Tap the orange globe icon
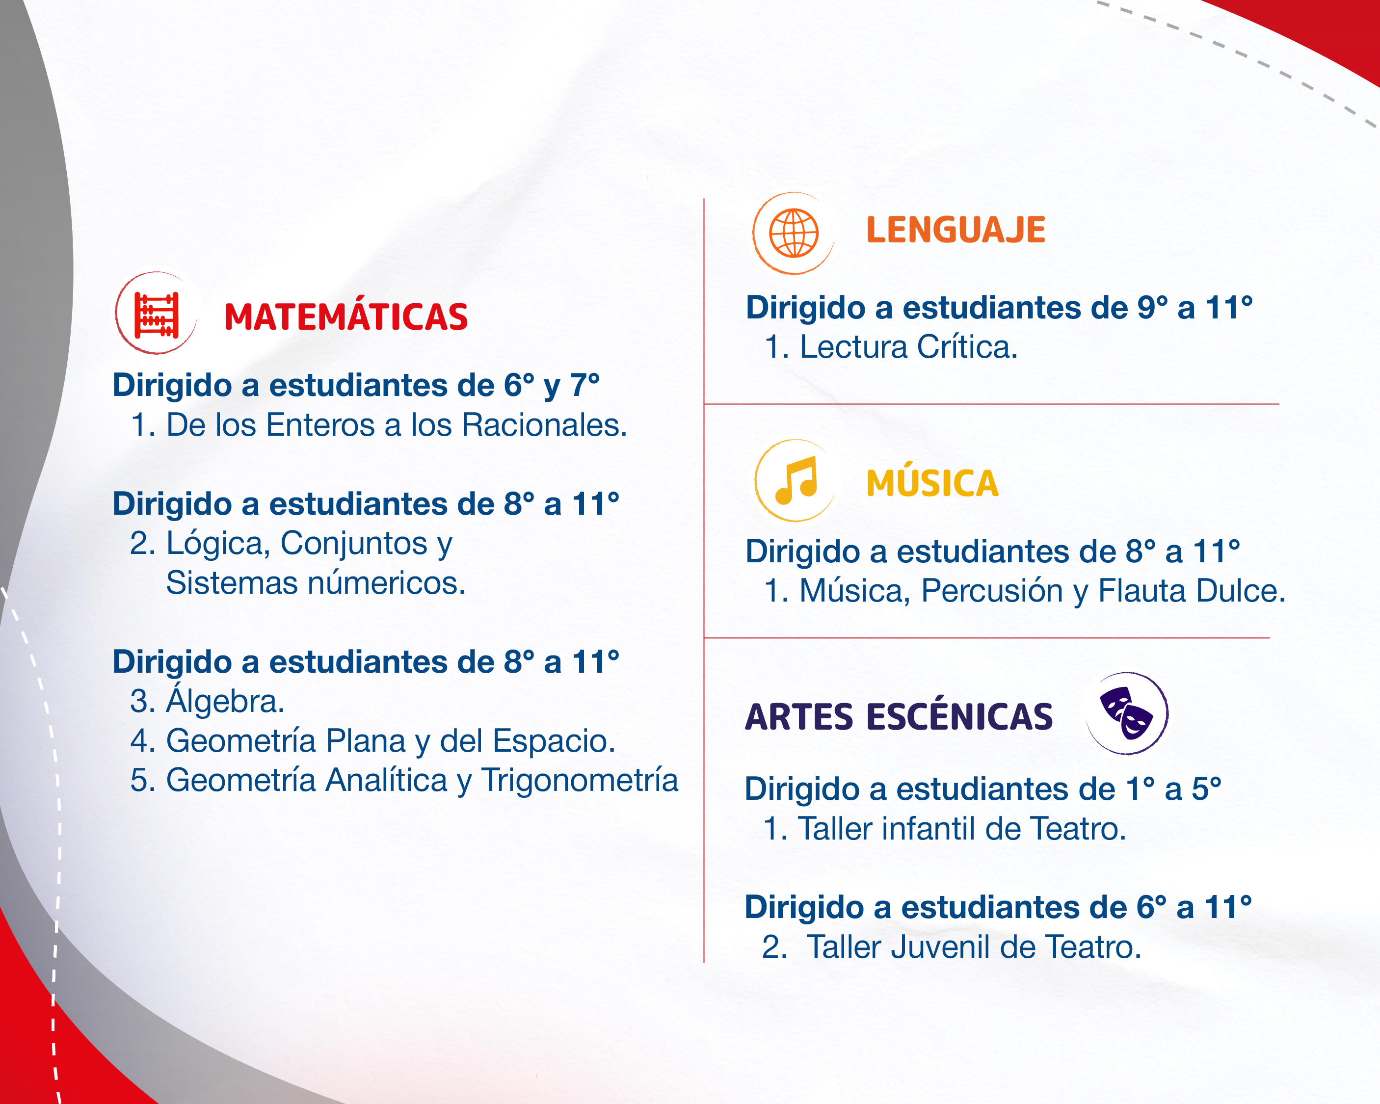[794, 233]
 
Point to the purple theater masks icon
[1127, 712]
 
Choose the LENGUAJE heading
[955, 230]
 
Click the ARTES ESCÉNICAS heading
[899, 716]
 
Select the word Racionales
[544, 425]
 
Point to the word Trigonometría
[579, 781]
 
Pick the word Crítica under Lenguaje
[966, 346]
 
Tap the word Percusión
[992, 590]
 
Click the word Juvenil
[940, 946]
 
